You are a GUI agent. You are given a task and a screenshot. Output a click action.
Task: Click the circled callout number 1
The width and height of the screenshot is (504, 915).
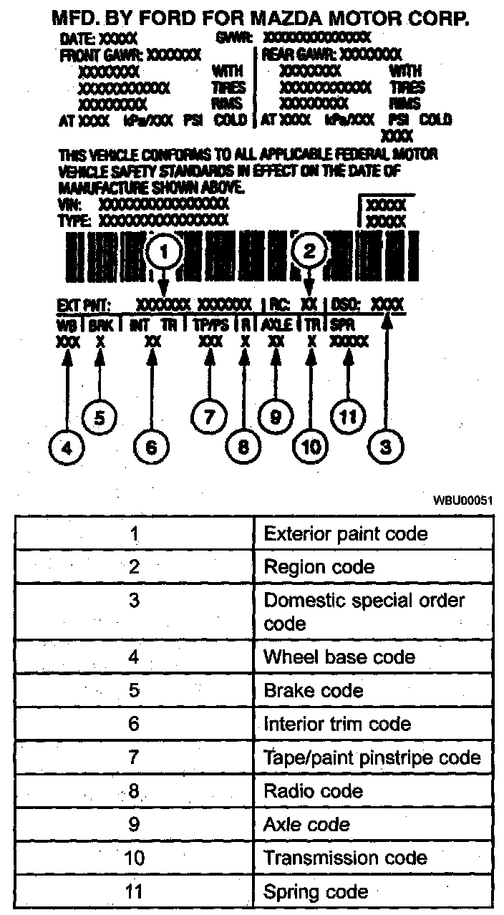point(165,251)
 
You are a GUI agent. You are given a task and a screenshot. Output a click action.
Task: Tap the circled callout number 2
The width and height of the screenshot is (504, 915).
point(310,251)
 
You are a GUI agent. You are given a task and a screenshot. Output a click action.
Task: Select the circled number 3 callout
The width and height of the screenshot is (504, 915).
point(386,447)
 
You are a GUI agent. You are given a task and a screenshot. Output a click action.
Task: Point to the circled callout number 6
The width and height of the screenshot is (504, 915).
point(151,447)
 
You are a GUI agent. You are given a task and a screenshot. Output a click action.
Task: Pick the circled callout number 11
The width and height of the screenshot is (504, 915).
point(347,417)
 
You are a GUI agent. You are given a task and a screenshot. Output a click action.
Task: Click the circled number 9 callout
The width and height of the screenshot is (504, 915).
point(274,417)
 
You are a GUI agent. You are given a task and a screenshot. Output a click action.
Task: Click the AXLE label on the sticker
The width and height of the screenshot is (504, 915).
point(276,324)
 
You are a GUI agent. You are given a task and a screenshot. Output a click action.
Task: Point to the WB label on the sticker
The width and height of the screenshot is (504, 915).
point(67,324)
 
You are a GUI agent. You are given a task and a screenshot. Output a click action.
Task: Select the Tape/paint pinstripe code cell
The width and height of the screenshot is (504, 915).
point(372,757)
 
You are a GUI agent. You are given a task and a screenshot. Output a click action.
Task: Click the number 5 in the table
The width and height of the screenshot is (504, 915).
point(134,691)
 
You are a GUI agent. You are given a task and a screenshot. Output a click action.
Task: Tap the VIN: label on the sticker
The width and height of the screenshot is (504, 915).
point(65,203)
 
